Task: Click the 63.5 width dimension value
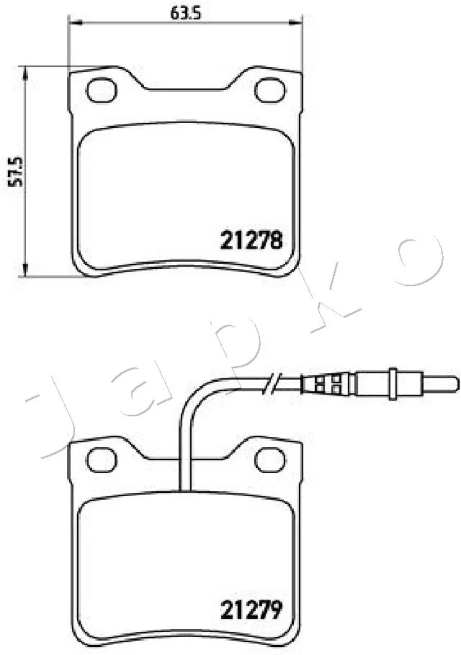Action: [186, 14]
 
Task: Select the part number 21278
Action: [251, 240]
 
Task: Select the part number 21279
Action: [251, 610]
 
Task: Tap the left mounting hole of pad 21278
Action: [101, 90]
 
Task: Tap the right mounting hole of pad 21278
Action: [270, 90]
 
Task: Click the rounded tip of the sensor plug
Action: [454, 384]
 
